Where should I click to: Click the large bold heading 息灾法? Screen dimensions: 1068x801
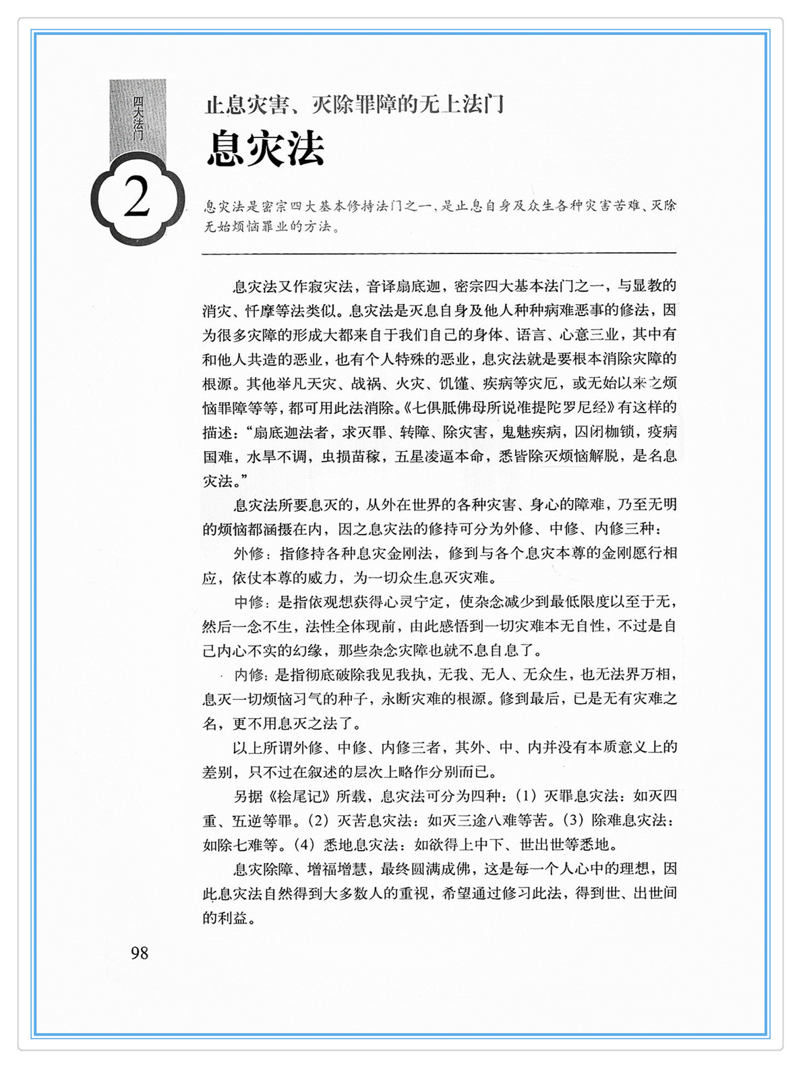[266, 148]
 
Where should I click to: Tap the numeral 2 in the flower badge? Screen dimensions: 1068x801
[137, 199]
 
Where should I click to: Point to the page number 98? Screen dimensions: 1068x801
[140, 953]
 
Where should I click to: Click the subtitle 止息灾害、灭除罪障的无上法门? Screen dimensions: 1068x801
[355, 105]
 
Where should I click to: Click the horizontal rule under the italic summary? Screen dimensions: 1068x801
[438, 254]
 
